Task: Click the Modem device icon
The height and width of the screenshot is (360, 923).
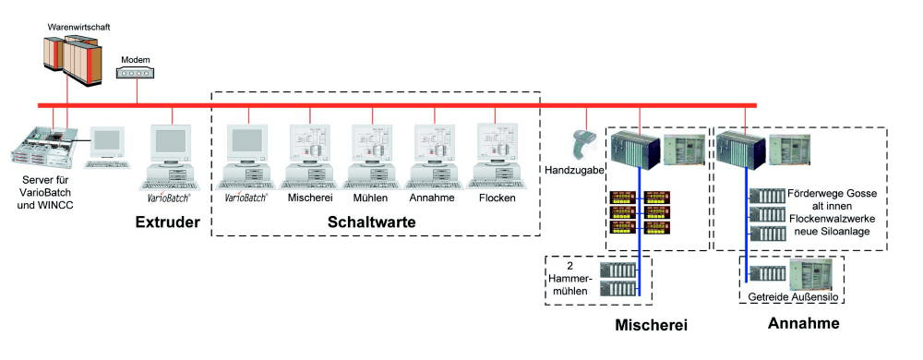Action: pos(136,72)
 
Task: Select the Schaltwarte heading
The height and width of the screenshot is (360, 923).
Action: pos(373,222)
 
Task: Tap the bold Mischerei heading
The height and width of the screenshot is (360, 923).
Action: pos(652,324)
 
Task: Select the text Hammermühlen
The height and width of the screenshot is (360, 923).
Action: pos(570,280)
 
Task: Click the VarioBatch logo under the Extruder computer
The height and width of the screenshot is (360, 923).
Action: pos(169,198)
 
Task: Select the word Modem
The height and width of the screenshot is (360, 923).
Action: pos(136,57)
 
